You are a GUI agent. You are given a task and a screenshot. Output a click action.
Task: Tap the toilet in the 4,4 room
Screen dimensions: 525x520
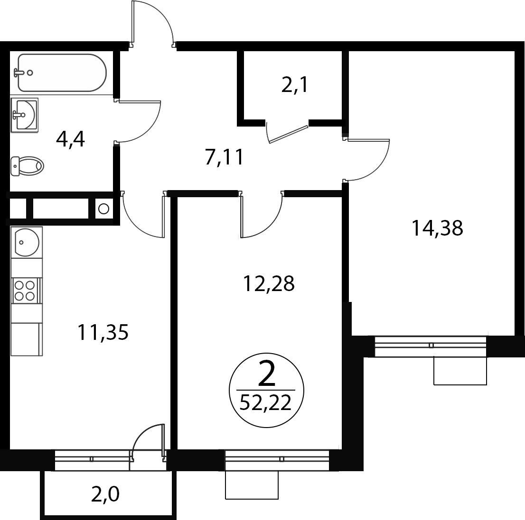point(27,166)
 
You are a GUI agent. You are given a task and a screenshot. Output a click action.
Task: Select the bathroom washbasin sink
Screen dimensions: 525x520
point(24,115)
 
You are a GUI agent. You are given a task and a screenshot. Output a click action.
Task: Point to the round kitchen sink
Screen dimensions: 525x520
point(26,242)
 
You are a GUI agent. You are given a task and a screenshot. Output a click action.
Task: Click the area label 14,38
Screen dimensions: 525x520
point(437,229)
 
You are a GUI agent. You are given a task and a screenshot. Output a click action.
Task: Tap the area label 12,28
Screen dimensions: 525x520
point(269,284)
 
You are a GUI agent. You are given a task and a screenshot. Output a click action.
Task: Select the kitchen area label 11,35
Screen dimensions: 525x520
point(103,333)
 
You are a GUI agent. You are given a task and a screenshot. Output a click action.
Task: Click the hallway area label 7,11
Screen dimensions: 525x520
point(224,158)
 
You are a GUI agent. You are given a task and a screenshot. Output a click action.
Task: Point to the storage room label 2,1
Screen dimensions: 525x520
point(295,86)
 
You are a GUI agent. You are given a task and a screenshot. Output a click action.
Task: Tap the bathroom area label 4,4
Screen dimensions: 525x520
point(70,140)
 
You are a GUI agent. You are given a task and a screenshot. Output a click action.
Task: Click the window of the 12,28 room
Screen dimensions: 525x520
point(277,460)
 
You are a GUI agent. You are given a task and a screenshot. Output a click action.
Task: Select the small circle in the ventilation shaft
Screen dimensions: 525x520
point(104,209)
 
